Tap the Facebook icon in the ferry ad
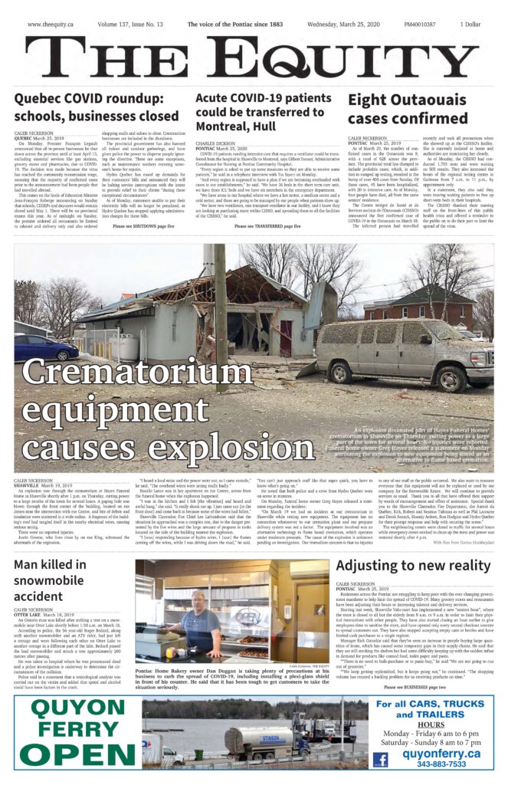point(380,759)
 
